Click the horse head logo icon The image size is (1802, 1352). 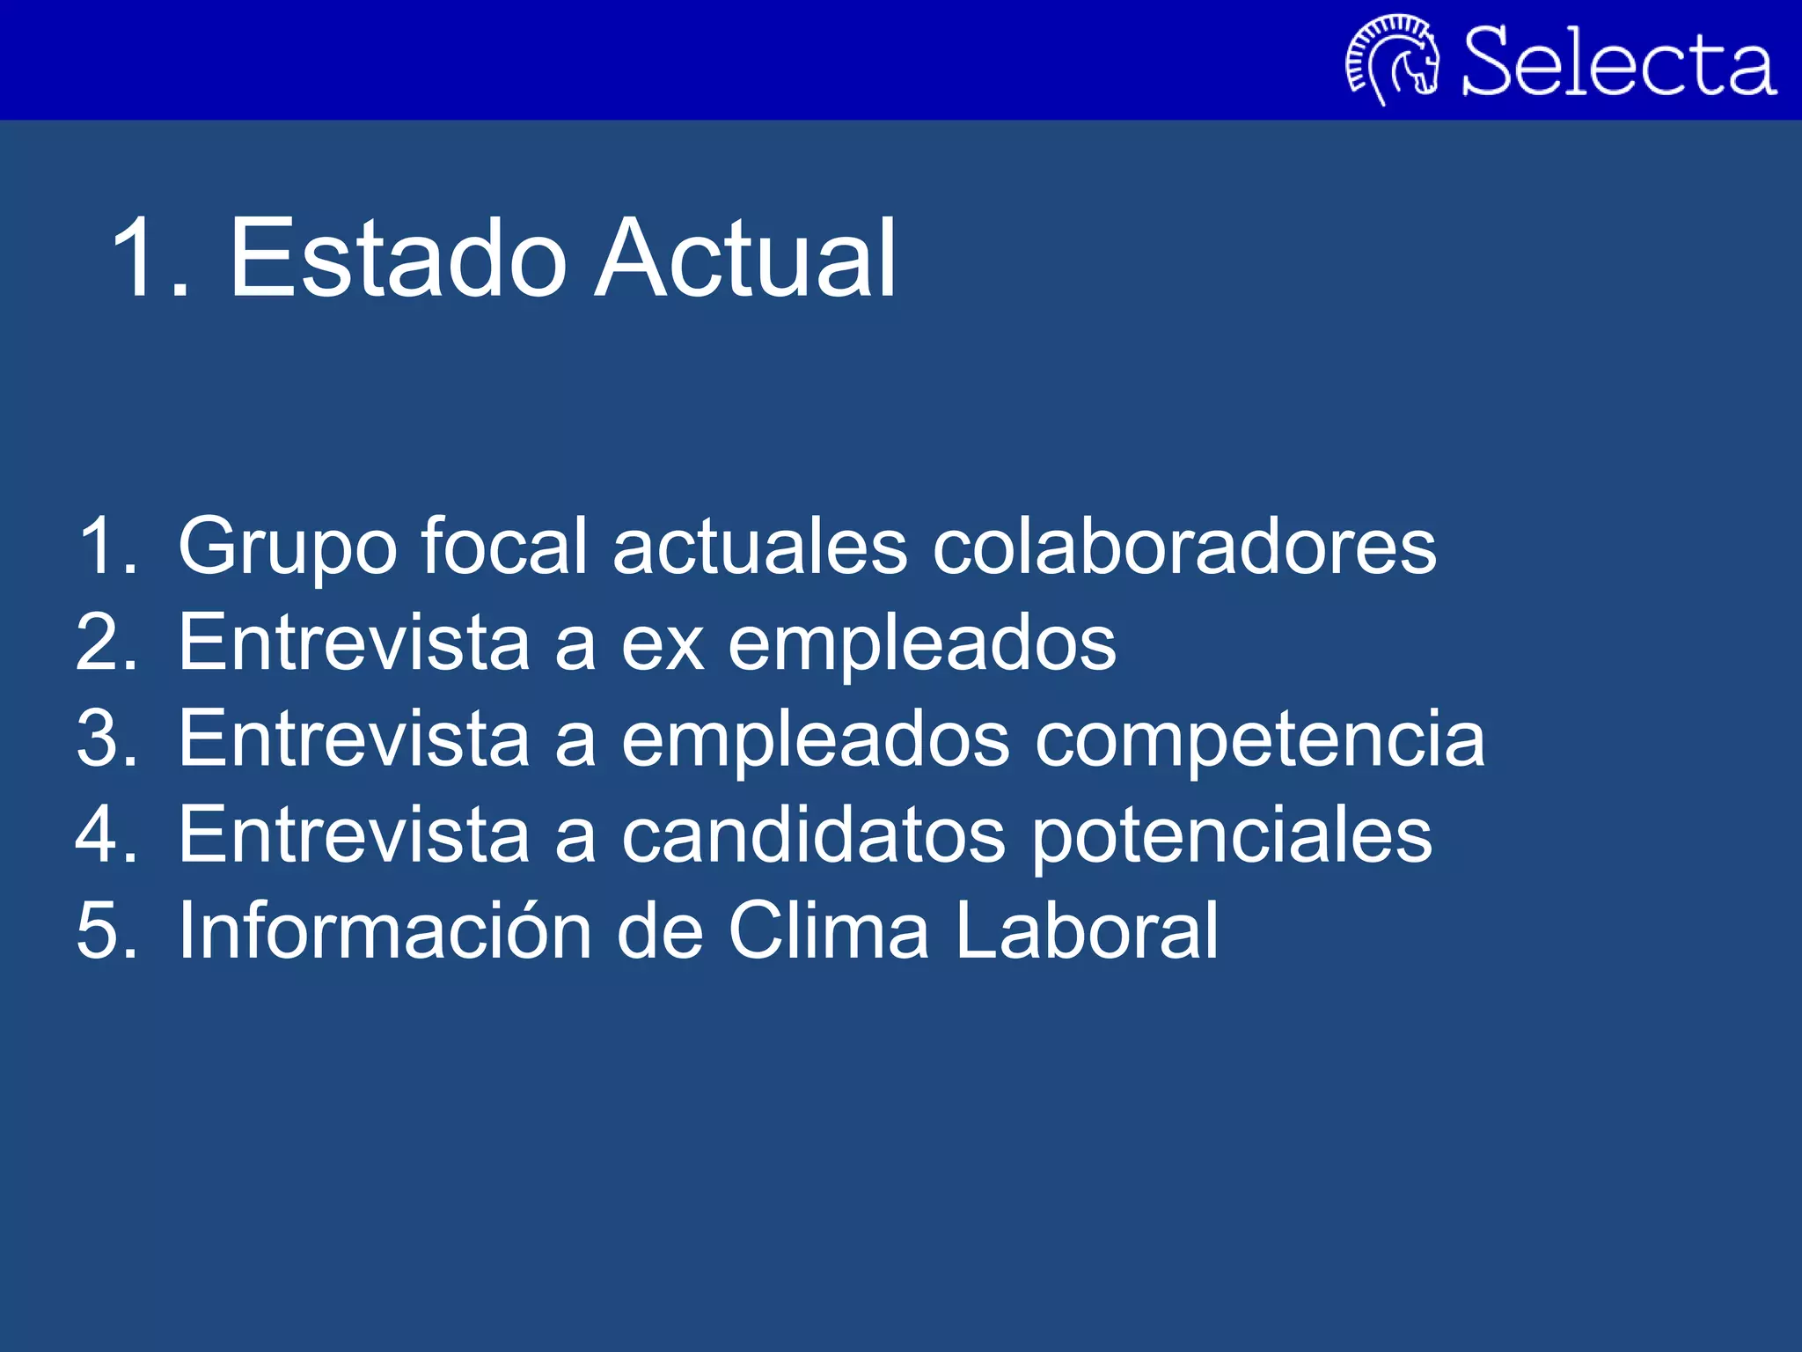[1393, 60]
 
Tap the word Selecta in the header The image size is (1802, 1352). [1617, 62]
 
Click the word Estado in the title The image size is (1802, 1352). [398, 258]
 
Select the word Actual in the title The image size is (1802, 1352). [745, 258]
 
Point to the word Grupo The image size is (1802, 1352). [287, 547]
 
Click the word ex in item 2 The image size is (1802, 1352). [663, 643]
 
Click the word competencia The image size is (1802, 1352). [1260, 739]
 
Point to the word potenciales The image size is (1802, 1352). [1231, 836]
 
